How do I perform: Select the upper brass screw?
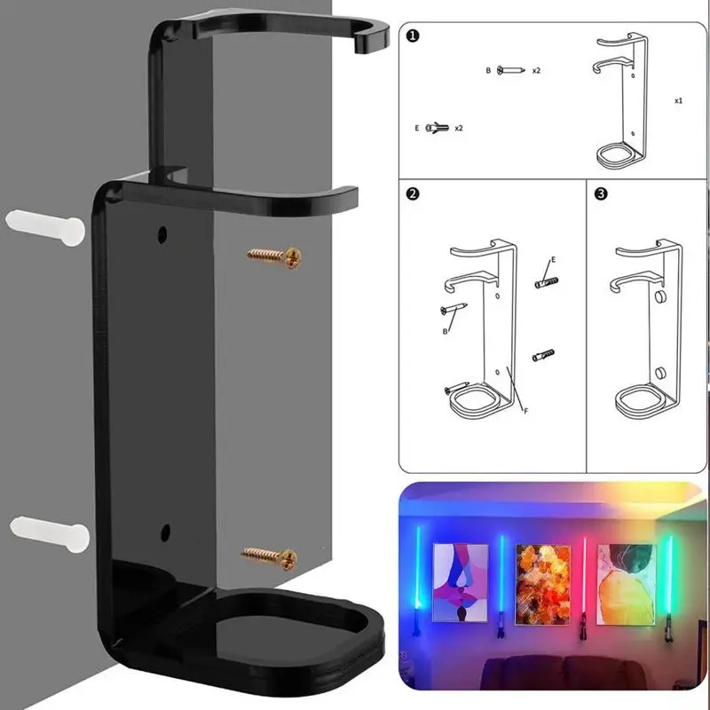click(x=275, y=256)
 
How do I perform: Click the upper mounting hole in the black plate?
click(x=162, y=235)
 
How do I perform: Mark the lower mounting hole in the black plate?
click(x=165, y=533)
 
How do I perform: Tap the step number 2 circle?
click(x=413, y=193)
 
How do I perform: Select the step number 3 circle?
click(x=601, y=193)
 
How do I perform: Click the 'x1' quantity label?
click(x=678, y=101)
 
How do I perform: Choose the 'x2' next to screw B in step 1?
click(x=537, y=69)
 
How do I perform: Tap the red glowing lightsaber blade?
click(x=584, y=577)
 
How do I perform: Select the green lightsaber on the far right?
click(x=667, y=577)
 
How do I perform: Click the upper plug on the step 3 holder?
click(x=662, y=296)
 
